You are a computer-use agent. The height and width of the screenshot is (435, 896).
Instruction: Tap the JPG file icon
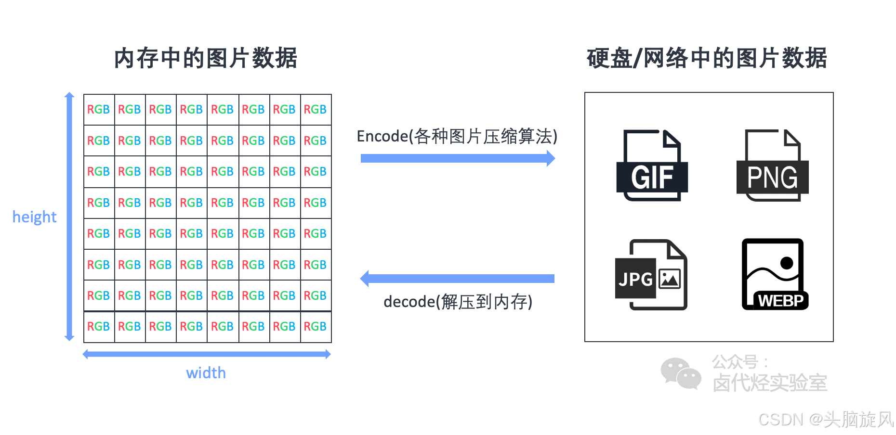tap(652, 275)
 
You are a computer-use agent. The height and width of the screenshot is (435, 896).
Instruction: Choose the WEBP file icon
tap(774, 275)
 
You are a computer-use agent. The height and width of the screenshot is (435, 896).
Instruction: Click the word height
tap(34, 217)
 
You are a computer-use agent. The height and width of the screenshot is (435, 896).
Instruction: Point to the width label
tap(206, 373)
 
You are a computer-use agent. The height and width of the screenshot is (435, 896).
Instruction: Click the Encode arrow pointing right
tap(458, 158)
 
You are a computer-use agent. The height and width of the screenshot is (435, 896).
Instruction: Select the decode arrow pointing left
tap(458, 279)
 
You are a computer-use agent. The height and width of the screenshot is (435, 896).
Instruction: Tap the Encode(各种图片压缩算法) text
tap(457, 137)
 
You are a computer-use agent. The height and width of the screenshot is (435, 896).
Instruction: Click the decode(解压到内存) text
tap(458, 302)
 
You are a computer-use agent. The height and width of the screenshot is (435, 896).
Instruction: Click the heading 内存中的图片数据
tap(206, 58)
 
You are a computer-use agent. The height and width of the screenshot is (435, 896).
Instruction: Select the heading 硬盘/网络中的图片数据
tap(707, 58)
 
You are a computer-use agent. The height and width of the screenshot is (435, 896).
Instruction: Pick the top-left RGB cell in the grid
tap(99, 110)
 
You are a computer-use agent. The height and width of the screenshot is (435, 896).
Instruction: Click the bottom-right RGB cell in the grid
tap(316, 327)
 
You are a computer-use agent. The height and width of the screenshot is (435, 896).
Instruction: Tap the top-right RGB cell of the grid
tap(316, 110)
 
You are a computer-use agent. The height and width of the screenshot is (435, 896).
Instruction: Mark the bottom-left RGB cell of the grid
tap(99, 327)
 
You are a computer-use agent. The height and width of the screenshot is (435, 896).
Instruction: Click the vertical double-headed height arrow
tap(70, 217)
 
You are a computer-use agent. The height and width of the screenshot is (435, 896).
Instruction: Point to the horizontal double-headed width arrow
tap(207, 355)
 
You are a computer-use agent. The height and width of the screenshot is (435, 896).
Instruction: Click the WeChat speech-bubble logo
tap(681, 373)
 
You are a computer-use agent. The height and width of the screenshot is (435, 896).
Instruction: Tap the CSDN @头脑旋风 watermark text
tap(826, 420)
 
